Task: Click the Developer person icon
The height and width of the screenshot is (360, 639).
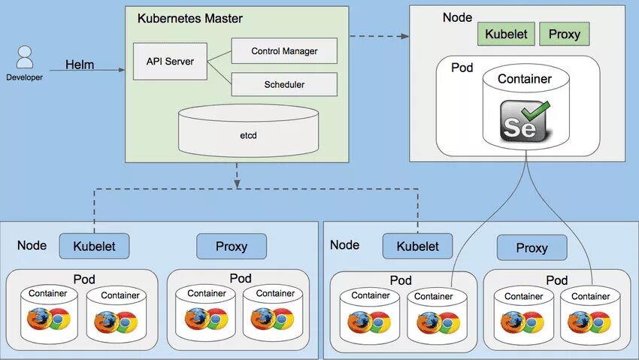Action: (25, 59)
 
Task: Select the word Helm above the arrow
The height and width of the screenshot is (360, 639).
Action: (80, 65)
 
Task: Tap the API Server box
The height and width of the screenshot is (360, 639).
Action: (169, 62)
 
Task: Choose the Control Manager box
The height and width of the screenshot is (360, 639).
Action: (284, 51)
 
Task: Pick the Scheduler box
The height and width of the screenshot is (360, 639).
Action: (284, 84)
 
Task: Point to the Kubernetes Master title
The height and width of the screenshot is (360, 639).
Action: (190, 18)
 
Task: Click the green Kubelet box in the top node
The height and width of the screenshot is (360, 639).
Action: (505, 34)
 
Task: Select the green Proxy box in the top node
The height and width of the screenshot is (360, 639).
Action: (564, 34)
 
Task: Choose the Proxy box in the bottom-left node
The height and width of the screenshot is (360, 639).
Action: (232, 247)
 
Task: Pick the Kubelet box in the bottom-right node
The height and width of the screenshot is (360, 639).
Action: (417, 246)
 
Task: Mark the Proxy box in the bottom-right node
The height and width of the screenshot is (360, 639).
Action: (531, 247)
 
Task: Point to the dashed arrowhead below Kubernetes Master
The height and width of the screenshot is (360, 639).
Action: (237, 182)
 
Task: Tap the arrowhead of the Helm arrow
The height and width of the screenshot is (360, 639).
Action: (122, 70)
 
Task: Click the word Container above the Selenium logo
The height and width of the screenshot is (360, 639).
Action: (525, 78)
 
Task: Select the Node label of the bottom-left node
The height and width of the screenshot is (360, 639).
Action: (32, 245)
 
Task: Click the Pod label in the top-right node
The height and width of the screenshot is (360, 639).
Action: (462, 68)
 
